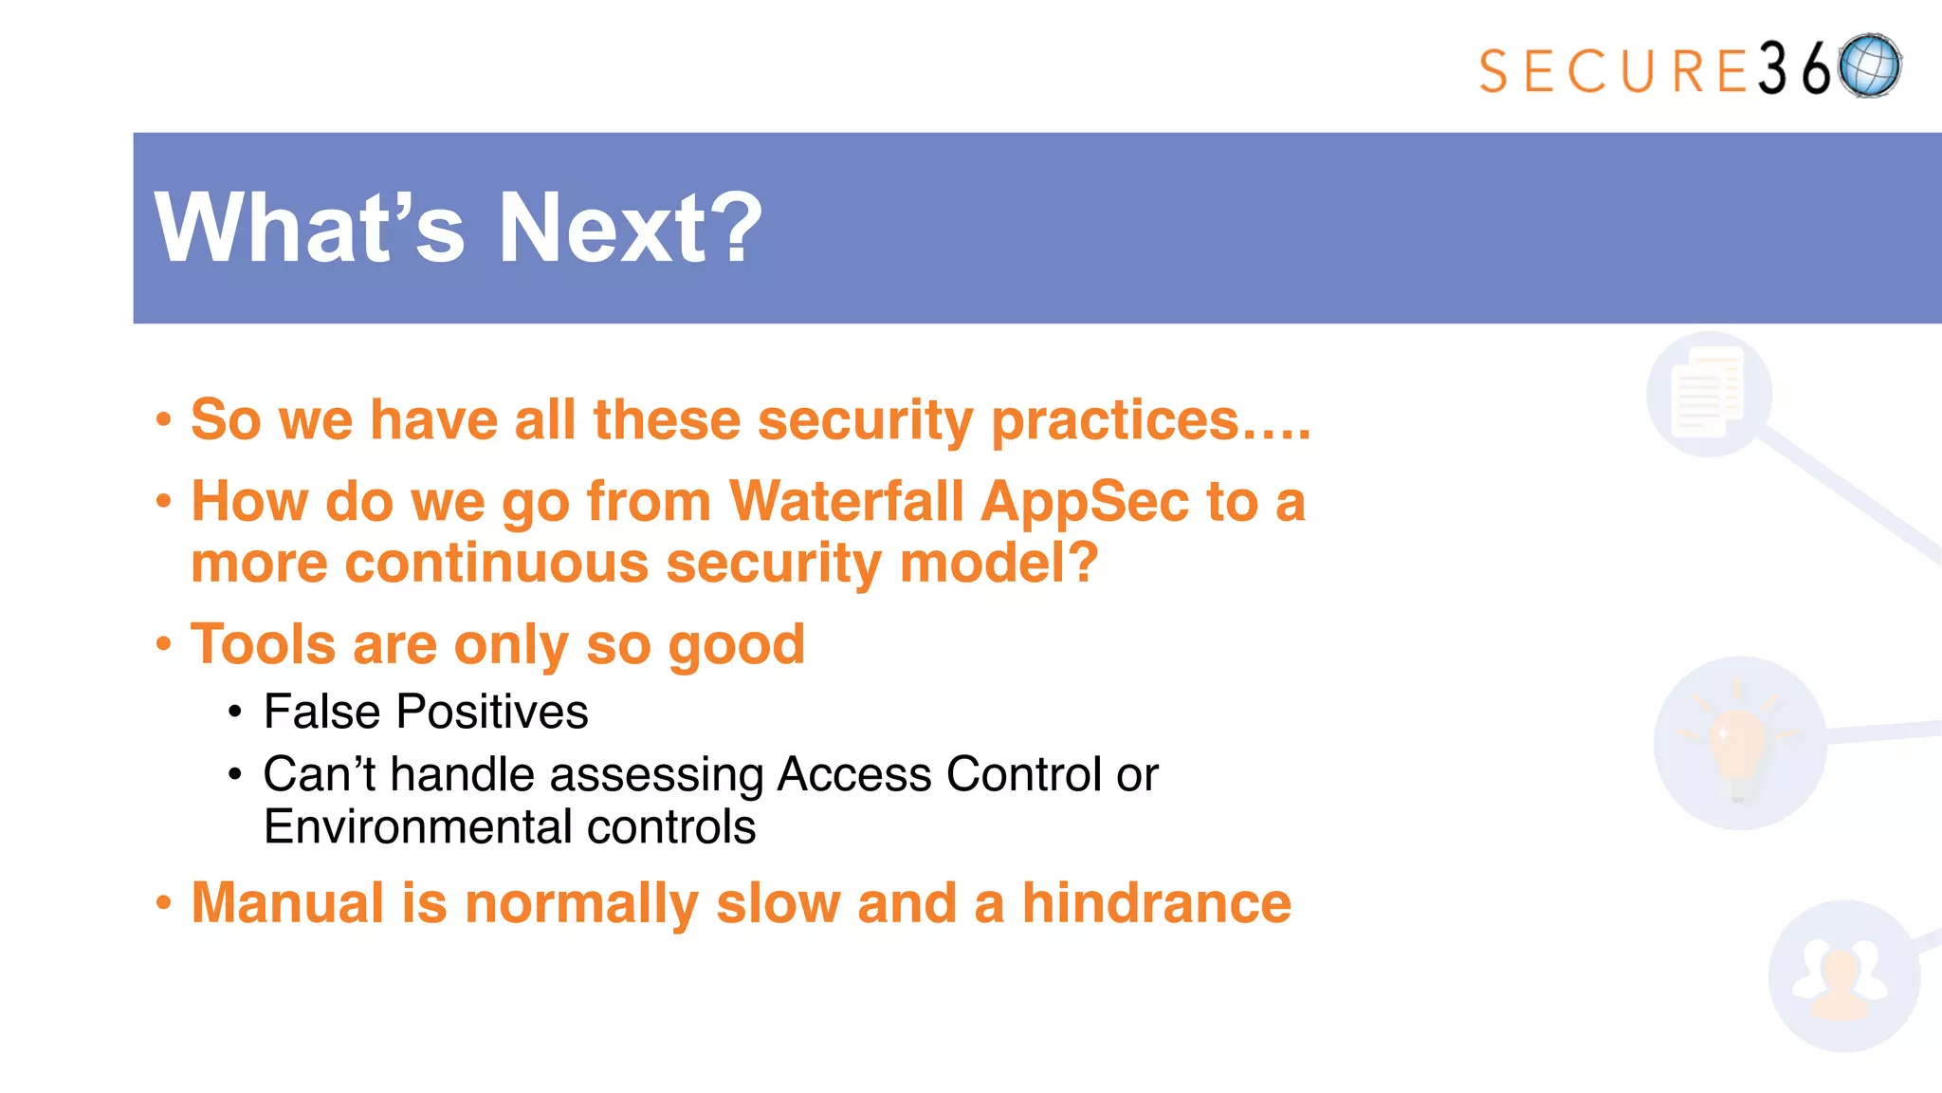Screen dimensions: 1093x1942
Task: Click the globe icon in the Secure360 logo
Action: click(1870, 66)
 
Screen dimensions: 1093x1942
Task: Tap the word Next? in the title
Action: click(630, 228)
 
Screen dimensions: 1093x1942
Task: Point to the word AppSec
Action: click(1084, 503)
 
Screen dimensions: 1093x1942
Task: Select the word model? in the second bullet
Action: click(998, 563)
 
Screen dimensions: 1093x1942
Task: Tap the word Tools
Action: click(263, 644)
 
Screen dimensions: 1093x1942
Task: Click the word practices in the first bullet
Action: click(1114, 420)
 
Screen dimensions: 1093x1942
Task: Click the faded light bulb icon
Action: click(1739, 743)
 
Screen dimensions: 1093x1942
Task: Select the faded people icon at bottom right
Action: click(1841, 977)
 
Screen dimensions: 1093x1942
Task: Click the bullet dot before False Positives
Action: click(235, 713)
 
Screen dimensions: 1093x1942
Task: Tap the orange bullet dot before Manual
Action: click(164, 903)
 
